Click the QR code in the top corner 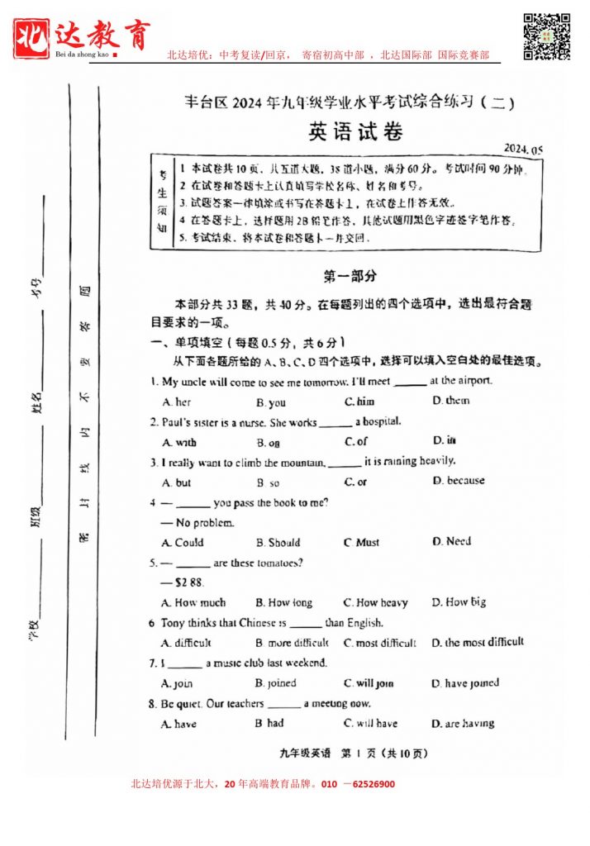coord(547,36)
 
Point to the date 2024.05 coord(524,149)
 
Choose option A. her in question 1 coord(177,402)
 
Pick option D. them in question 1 coord(450,401)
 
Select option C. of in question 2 coord(356,442)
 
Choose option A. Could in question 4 coord(183,543)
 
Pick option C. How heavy coord(376,603)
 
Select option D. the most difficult coord(478,642)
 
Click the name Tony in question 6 coord(173,623)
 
